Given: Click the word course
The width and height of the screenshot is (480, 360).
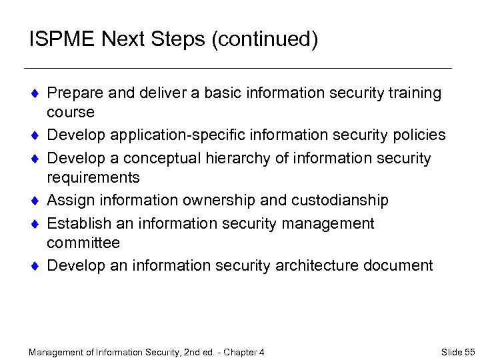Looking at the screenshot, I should click(x=71, y=111).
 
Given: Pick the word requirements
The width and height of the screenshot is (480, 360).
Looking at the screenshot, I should click(x=93, y=177).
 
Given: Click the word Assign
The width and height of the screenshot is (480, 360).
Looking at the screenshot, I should click(x=70, y=200).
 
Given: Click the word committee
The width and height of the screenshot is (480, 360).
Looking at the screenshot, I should click(x=84, y=242).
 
